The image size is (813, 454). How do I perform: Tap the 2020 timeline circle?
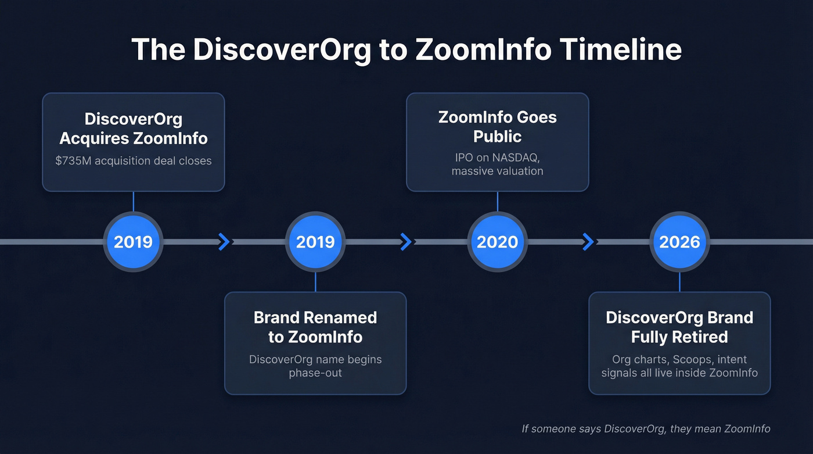point(497,242)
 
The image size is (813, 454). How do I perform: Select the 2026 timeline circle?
point(679,242)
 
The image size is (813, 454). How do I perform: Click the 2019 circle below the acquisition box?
point(133,242)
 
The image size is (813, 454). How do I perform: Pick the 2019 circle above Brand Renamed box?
point(315,242)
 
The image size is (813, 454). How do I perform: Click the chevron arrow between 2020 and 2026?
point(588,241)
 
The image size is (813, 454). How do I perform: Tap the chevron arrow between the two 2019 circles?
point(224,241)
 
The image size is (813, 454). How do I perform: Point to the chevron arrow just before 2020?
point(406,241)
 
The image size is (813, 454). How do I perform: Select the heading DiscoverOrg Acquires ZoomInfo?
point(133,128)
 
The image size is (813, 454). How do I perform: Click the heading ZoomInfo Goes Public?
point(497,127)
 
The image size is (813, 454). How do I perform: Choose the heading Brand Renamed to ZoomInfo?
point(315,327)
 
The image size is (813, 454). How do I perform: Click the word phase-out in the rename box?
point(315,373)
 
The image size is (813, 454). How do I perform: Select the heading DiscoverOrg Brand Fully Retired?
point(679,327)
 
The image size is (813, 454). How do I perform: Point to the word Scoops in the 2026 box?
point(695,359)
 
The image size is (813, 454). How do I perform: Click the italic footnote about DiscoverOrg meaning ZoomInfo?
point(646,429)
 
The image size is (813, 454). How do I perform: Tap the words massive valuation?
point(497,171)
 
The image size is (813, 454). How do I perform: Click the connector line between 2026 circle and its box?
point(679,282)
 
